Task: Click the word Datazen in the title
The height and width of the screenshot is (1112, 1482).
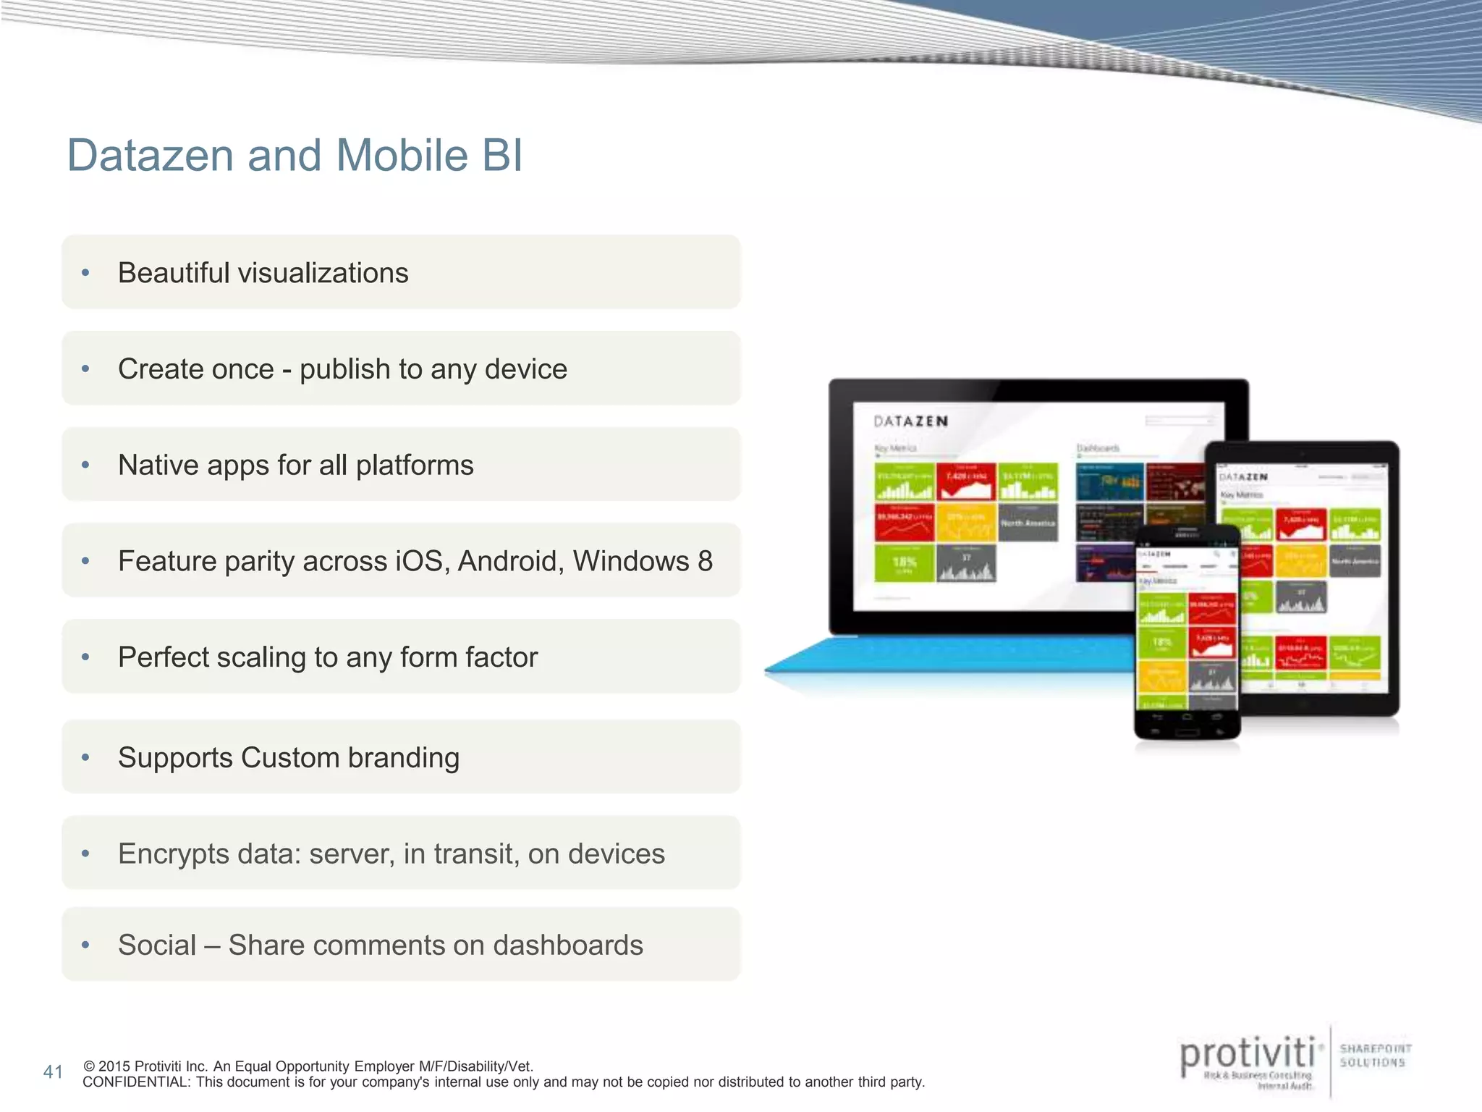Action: [x=150, y=156]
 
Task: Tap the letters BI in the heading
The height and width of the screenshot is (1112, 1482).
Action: [x=501, y=156]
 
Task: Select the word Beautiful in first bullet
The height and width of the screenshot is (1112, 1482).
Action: [x=174, y=273]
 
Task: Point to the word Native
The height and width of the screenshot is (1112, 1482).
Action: [x=157, y=466]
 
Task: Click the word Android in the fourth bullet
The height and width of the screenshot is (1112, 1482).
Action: [x=510, y=561]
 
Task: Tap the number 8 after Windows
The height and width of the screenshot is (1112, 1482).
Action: [x=705, y=561]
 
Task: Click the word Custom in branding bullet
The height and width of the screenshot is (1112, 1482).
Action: [x=289, y=758]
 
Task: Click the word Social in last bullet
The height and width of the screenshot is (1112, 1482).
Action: [x=157, y=945]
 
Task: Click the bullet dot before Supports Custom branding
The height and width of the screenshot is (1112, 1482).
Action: [x=85, y=758]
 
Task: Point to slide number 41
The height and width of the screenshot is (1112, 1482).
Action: [x=53, y=1072]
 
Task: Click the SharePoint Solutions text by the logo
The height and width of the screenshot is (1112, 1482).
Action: [x=1375, y=1056]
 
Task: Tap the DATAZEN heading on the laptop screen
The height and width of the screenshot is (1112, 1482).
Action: [x=910, y=421]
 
